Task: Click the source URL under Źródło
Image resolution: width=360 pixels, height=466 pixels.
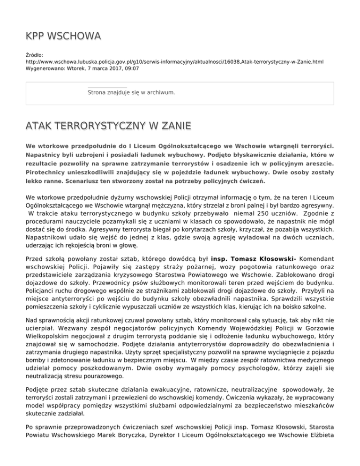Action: coord(174,61)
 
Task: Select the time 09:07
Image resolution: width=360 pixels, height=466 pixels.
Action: coord(131,68)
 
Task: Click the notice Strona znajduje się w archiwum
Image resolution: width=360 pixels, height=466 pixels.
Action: coord(131,93)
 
